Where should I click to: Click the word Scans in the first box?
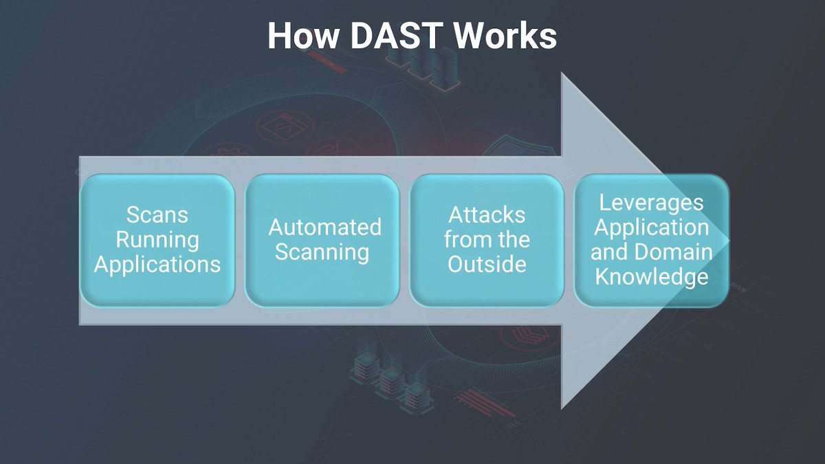pyautogui.click(x=157, y=214)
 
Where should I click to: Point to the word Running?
pyautogui.click(x=157, y=240)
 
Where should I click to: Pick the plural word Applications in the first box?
pyautogui.click(x=157, y=265)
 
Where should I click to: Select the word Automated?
pyautogui.click(x=324, y=228)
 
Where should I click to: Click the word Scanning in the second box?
pyautogui.click(x=322, y=252)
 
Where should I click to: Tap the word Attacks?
pyautogui.click(x=487, y=214)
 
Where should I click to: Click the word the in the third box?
pyautogui.click(x=513, y=240)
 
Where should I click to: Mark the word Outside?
pyautogui.click(x=487, y=265)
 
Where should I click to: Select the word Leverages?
pyautogui.click(x=651, y=202)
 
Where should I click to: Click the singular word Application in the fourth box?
pyautogui.click(x=651, y=227)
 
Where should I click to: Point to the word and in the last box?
pyautogui.click(x=607, y=252)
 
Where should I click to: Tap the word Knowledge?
pyautogui.click(x=651, y=276)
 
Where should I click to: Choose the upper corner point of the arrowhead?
pyautogui.click(x=562, y=74)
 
